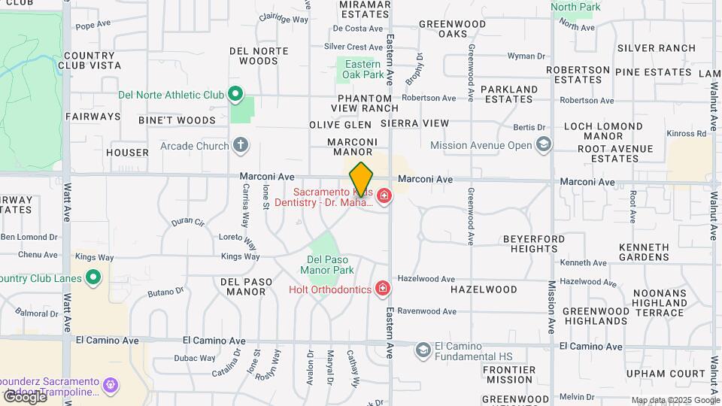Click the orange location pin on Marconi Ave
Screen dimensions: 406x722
click(x=361, y=179)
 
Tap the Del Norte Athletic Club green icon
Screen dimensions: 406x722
click(x=235, y=95)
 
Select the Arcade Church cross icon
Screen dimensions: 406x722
click(x=240, y=145)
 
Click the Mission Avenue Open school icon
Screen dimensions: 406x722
click(x=544, y=145)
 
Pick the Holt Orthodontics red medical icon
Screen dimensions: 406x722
click(x=383, y=289)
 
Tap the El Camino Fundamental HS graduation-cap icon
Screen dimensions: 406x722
click(x=423, y=349)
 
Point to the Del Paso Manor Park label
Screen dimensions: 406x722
click(x=326, y=264)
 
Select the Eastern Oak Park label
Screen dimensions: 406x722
click(x=362, y=69)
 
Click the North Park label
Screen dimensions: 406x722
click(x=576, y=8)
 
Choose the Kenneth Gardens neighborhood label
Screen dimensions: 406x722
click(x=644, y=252)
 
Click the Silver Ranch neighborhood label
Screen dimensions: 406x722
click(x=656, y=48)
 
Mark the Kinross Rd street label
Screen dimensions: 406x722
click(x=687, y=133)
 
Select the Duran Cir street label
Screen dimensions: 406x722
click(x=187, y=222)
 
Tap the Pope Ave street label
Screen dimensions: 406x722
click(x=93, y=26)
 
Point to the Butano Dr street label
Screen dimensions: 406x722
click(x=165, y=292)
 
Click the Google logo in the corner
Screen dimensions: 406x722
click(x=24, y=396)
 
